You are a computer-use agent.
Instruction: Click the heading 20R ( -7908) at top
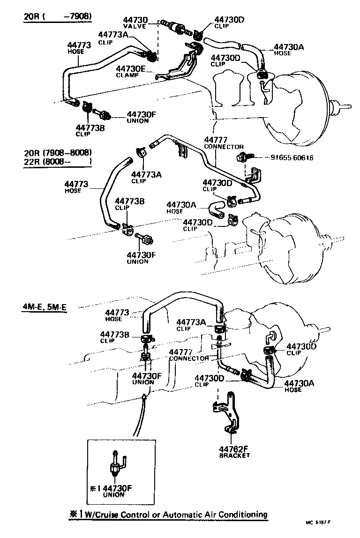58,17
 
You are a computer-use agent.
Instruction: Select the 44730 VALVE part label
135,23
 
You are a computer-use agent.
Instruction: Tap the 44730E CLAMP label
131,71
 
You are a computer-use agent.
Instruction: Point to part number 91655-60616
292,158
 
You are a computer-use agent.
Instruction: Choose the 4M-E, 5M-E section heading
44,307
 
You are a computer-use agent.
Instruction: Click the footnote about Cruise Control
168,514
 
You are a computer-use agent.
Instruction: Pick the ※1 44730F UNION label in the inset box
111,490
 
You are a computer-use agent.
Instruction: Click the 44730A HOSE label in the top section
288,49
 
